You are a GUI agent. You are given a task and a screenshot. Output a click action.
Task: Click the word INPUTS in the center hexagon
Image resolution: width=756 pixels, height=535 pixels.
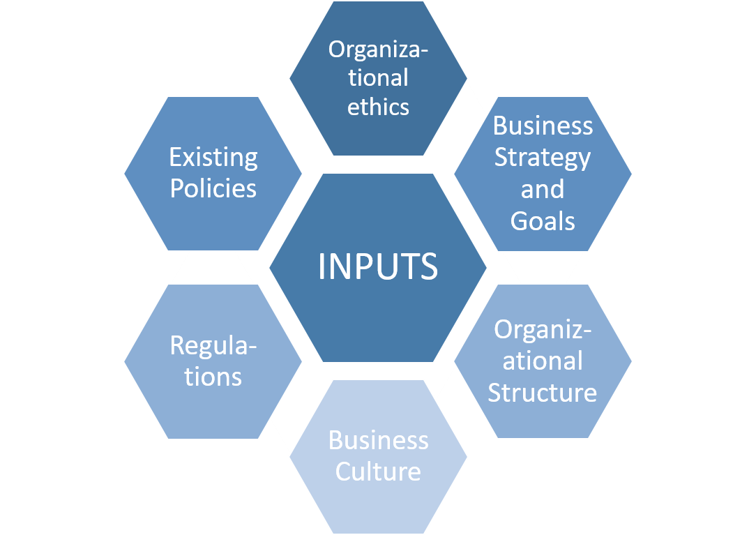(378, 266)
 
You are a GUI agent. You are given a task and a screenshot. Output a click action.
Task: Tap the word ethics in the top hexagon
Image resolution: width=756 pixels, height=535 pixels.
(378, 107)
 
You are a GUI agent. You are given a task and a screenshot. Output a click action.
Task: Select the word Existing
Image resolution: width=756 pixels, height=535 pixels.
(213, 158)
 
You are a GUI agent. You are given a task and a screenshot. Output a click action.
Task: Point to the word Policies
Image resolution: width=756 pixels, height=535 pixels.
(213, 188)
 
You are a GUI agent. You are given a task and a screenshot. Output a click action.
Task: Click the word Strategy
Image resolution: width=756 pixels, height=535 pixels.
(543, 158)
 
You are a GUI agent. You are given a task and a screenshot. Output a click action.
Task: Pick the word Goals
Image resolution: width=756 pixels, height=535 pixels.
(543, 220)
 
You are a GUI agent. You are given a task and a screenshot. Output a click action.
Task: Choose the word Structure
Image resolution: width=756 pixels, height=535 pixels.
(543, 392)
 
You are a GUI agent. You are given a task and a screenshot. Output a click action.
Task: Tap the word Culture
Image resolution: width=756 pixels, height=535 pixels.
(378, 472)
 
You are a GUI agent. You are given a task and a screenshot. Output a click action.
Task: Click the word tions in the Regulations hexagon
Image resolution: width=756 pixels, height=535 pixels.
(213, 377)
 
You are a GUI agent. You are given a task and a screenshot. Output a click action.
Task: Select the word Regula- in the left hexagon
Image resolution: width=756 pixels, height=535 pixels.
(213, 345)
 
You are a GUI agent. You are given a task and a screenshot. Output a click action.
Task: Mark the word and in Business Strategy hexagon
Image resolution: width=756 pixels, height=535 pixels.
(543, 189)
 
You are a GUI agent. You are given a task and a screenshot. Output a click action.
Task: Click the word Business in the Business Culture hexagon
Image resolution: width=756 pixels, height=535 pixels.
(378, 440)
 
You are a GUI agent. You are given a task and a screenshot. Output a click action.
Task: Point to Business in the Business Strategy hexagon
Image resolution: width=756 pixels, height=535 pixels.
(543, 126)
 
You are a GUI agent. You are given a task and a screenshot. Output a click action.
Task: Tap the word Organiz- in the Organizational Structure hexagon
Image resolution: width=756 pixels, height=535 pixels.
(543, 329)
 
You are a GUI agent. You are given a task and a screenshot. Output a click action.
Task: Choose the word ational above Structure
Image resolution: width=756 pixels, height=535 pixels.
(543, 361)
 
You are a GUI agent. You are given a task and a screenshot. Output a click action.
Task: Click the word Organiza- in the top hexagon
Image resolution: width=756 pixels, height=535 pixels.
(378, 49)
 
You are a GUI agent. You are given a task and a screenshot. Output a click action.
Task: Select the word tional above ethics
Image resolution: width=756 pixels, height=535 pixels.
(378, 77)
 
